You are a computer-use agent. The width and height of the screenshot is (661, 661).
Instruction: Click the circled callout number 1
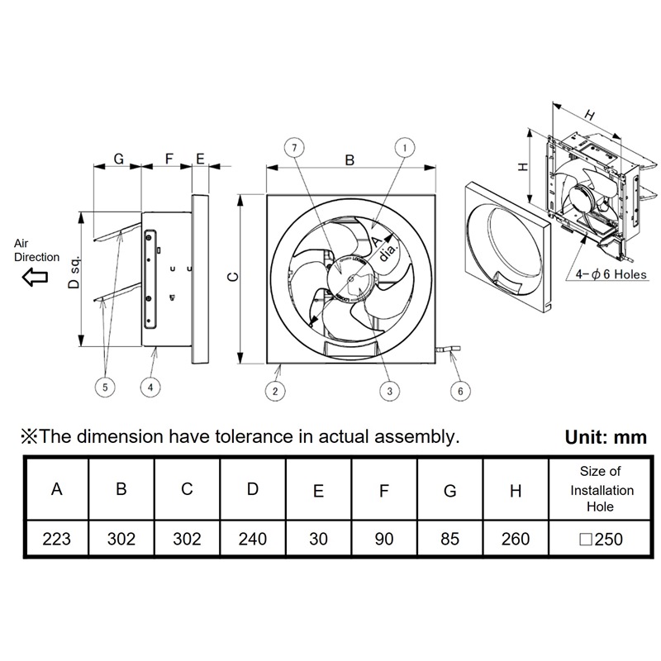coord(404,149)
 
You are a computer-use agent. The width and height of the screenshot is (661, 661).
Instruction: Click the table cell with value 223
coord(56,540)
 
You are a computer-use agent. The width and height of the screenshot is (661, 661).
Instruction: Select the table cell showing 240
coord(253,540)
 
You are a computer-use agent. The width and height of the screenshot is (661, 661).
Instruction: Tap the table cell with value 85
coord(450,540)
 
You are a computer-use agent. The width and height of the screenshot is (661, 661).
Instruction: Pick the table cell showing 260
coord(516,540)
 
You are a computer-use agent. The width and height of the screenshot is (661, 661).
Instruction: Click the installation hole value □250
coord(601,540)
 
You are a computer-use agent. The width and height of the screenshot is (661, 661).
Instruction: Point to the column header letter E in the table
coord(319,491)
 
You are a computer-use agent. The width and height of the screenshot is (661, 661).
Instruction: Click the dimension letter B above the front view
coord(350,160)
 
